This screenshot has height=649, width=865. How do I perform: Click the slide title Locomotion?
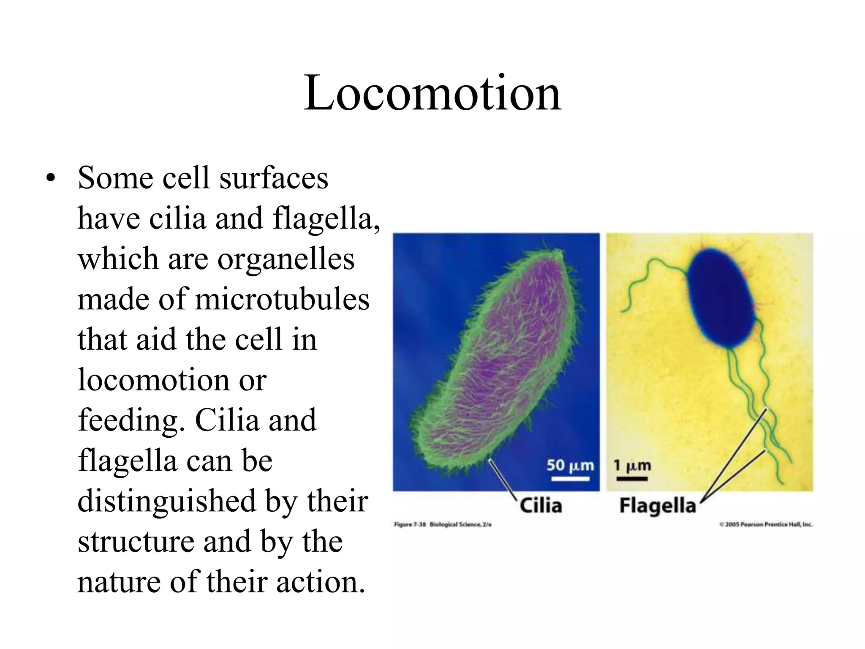coord(432,93)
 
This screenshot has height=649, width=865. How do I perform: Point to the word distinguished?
coord(167,501)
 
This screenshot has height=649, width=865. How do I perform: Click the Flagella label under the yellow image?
coord(657,506)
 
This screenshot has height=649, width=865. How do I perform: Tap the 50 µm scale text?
coord(570,465)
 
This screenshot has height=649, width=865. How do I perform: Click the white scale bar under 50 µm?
coord(570,479)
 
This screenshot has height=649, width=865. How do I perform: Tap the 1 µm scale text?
coord(632,466)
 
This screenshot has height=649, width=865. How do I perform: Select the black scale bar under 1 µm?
coord(632,479)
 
